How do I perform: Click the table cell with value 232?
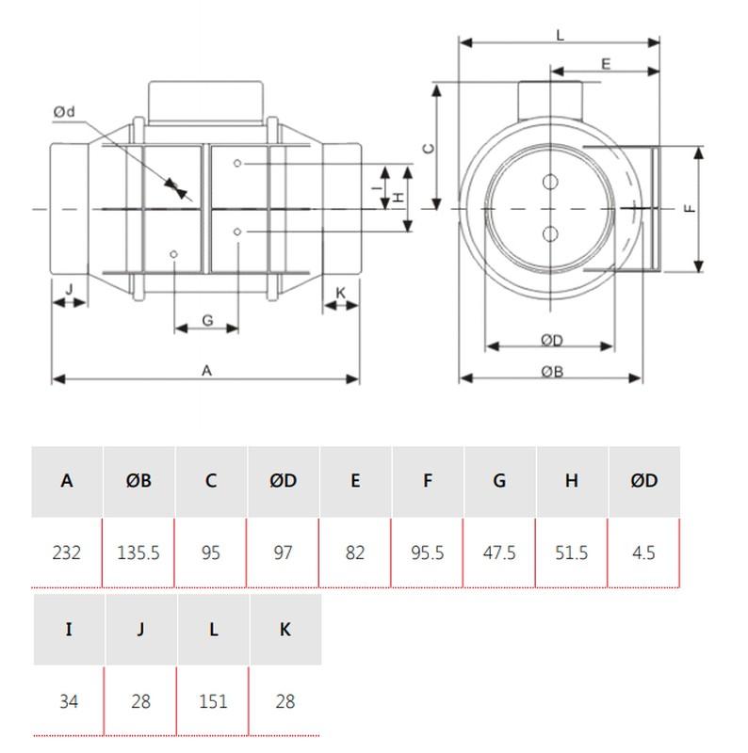point(66,553)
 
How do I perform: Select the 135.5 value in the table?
point(138,553)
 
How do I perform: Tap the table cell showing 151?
point(213,701)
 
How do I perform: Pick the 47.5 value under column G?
point(499,553)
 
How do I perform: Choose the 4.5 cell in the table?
point(643,553)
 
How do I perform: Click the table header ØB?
point(138,481)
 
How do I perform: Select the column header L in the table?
point(213,630)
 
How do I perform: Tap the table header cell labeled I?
point(68,630)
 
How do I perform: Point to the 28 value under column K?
point(285,701)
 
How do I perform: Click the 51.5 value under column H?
point(572,553)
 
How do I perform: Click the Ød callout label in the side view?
point(64,113)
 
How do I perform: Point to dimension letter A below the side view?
point(207,371)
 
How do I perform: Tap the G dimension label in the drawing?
point(207,321)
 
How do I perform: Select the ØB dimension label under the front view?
point(551,371)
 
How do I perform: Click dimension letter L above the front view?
point(560,35)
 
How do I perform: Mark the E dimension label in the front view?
point(605,63)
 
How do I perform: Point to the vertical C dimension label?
point(426,148)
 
